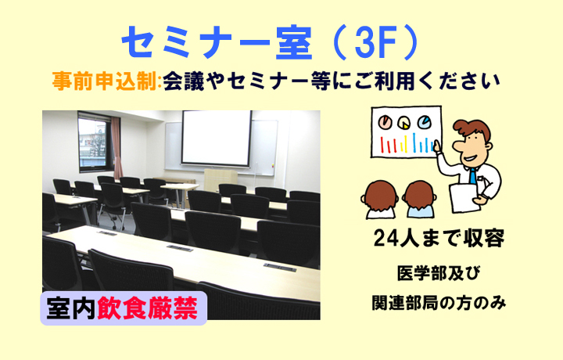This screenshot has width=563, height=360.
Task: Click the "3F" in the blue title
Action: click(375, 44)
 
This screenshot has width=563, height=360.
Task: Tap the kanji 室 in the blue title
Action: click(293, 44)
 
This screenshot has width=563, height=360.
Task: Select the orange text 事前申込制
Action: click(104, 81)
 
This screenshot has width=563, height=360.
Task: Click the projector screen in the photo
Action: click(216, 139)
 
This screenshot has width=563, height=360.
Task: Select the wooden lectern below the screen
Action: click(221, 181)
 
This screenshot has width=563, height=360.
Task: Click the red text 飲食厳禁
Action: click(148, 308)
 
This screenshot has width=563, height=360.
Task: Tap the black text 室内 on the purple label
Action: click(71, 308)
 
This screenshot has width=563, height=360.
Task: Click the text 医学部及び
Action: click(439, 273)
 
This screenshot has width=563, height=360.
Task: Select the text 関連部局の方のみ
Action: click(439, 303)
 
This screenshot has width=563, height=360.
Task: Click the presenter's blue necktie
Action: click(473, 176)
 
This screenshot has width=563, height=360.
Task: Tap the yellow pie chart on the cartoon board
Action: click(404, 123)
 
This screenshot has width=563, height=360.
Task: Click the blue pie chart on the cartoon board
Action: click(424, 122)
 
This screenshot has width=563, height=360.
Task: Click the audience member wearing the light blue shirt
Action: click(418, 200)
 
